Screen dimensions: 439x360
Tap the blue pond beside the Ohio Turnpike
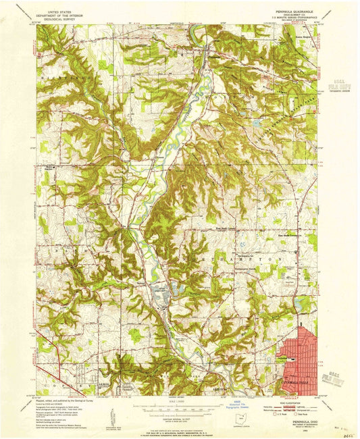click(257, 123)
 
